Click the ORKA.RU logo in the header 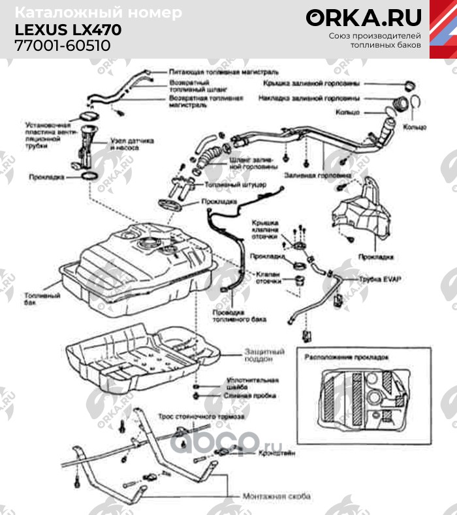point(364,18)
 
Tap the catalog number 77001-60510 point(63,45)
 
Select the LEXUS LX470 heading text point(68,30)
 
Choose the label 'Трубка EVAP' point(381,279)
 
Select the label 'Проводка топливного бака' point(240,316)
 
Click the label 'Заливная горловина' point(318,175)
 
